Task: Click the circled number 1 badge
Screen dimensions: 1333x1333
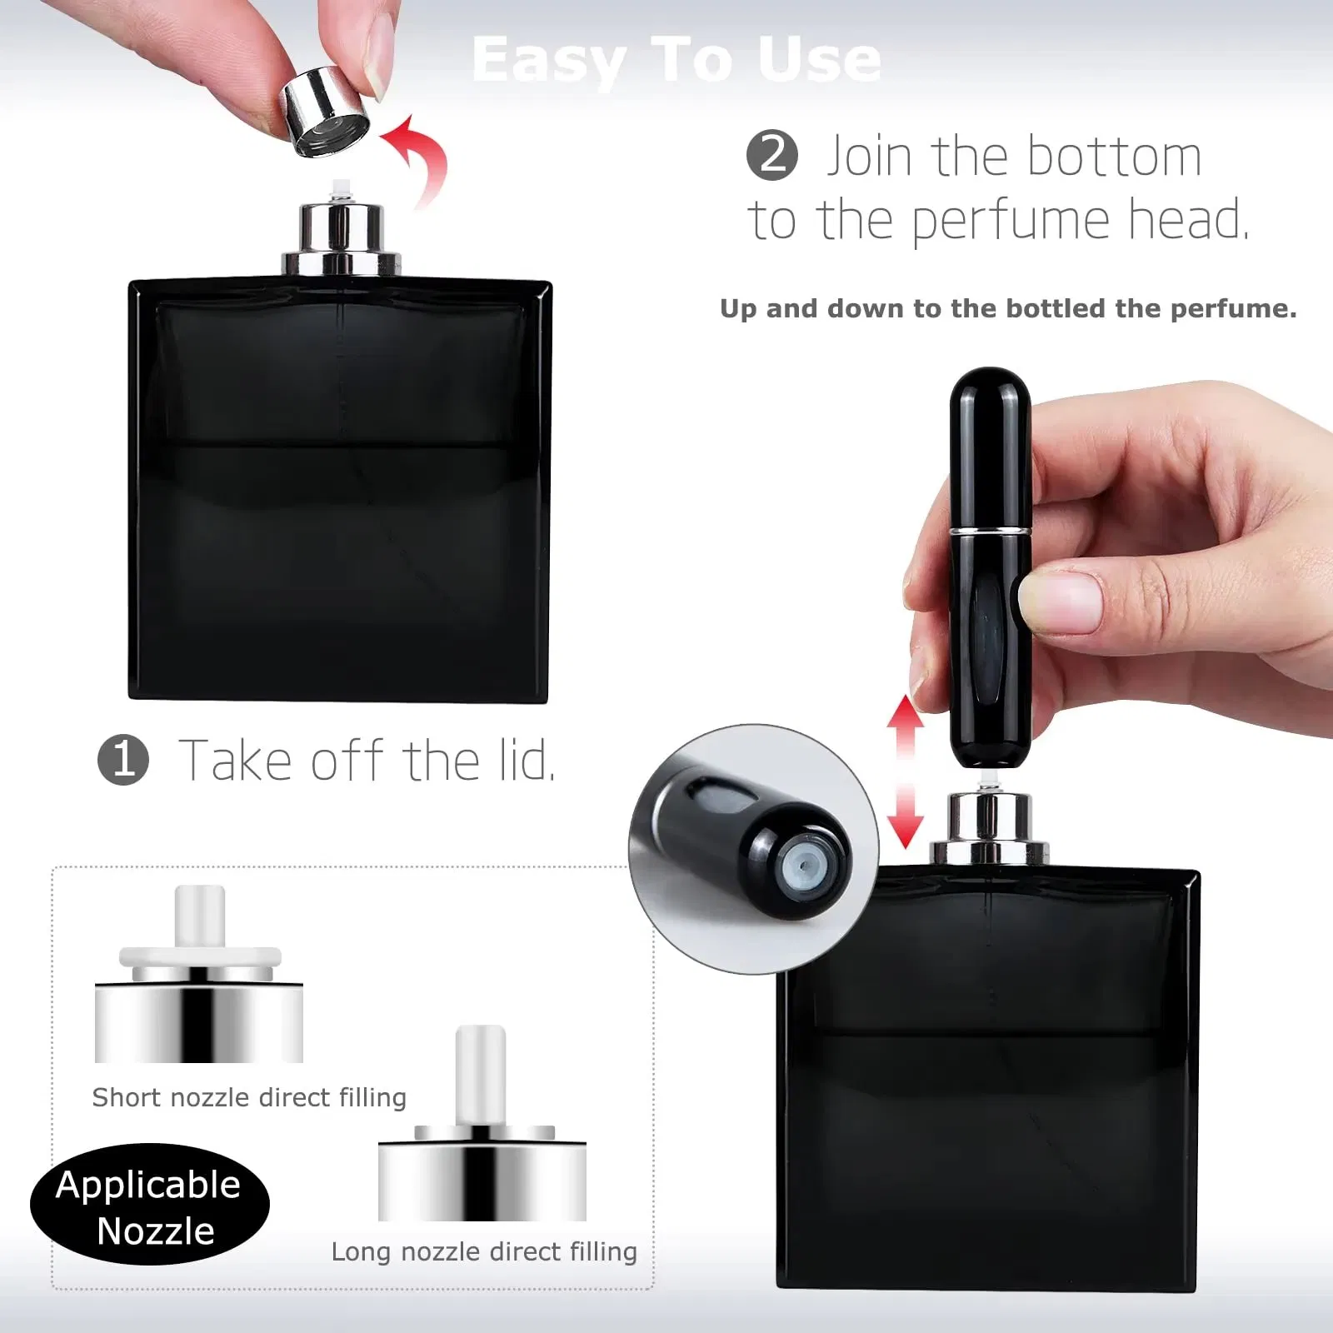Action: tap(123, 760)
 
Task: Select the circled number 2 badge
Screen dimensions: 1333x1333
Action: tap(771, 156)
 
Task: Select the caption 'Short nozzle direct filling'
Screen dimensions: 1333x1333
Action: tap(249, 1097)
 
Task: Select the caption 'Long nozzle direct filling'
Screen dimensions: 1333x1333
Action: tap(484, 1251)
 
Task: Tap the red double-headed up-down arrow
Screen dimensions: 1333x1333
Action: tap(905, 771)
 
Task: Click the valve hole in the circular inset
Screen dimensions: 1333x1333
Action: tap(801, 866)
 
